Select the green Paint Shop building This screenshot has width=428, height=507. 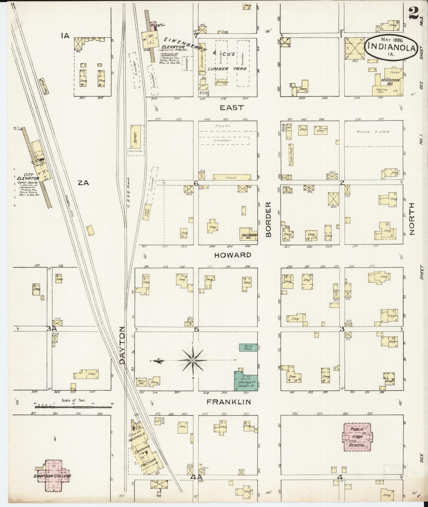pos(248,347)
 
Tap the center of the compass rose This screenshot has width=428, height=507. pos(193,360)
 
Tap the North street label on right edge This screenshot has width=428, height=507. pos(412,219)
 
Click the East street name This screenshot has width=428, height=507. pos(232,108)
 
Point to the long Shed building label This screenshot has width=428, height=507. pos(231,177)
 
